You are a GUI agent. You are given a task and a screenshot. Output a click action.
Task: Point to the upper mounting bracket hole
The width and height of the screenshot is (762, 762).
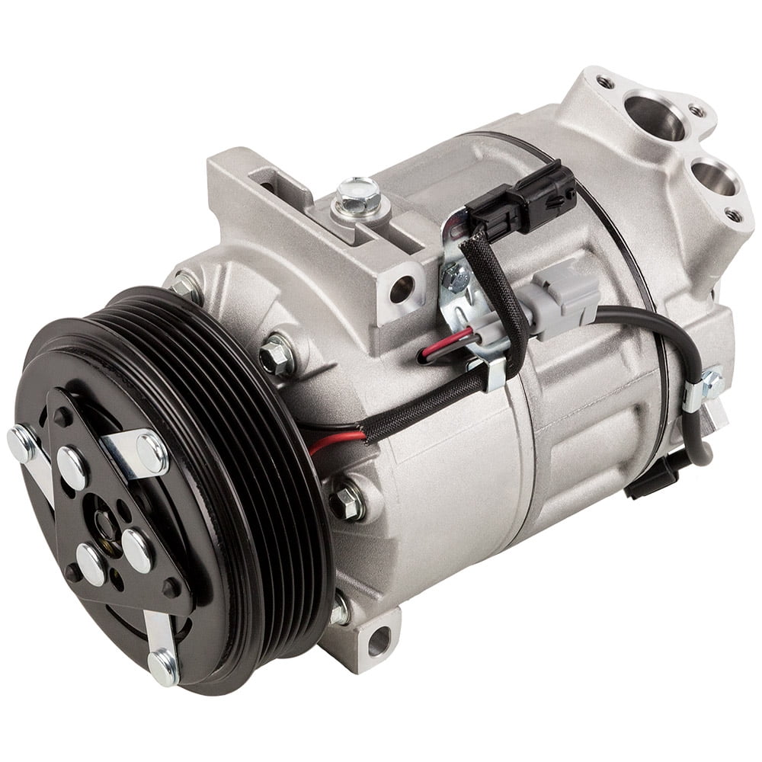click(401, 289)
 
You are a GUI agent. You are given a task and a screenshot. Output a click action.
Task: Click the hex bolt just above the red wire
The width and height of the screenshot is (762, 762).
click(276, 356)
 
